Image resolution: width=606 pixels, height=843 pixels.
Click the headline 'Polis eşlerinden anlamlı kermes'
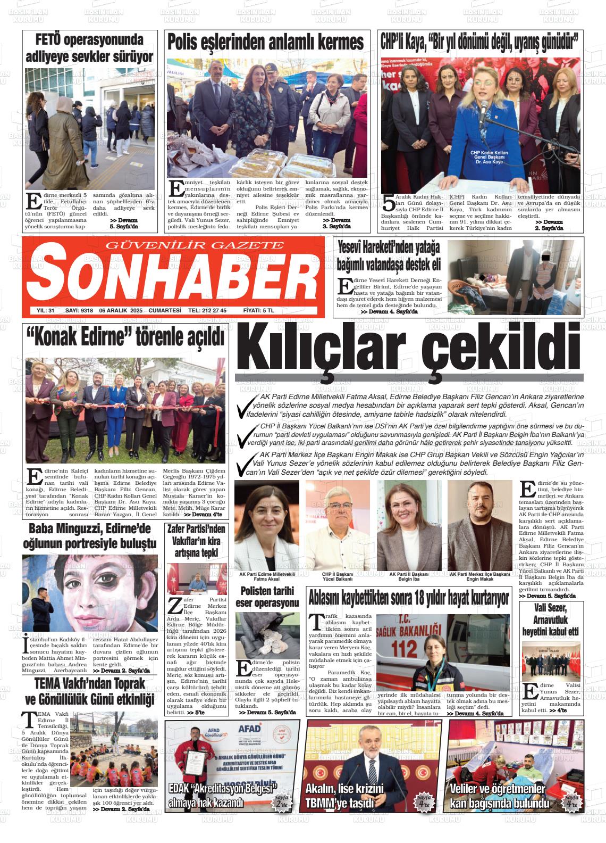pos(266,43)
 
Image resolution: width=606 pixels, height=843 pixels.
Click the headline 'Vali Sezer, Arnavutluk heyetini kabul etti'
pos(550,621)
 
